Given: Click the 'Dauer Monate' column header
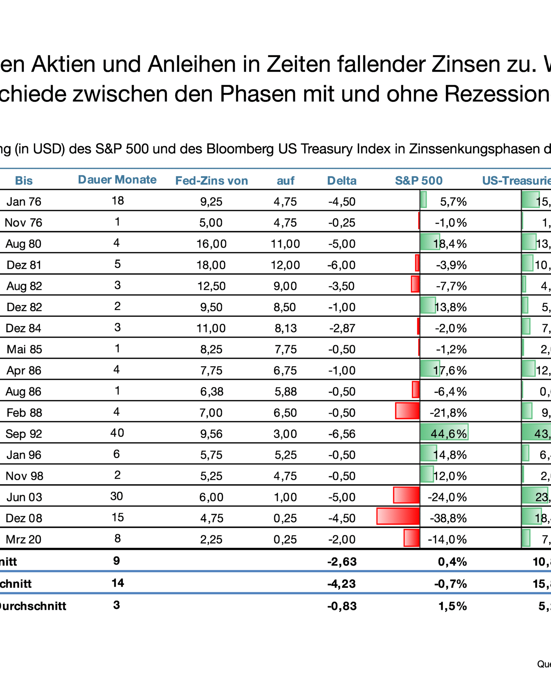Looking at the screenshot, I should click(117, 180).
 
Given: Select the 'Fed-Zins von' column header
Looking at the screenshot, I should click(212, 181).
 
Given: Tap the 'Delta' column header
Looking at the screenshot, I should click(342, 181).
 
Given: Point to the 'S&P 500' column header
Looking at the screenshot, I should click(419, 181).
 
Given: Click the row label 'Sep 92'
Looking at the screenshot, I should click(23, 433).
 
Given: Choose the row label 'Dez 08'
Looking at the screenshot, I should click(24, 518).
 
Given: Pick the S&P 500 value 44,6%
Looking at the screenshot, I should click(448, 433).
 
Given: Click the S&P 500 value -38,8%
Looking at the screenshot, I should click(448, 518).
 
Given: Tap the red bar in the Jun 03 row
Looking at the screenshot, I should click(406, 496).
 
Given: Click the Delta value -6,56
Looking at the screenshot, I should click(342, 433).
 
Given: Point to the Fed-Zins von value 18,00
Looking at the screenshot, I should click(211, 265).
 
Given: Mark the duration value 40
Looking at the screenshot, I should click(117, 433).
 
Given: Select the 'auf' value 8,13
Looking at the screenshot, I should click(286, 328).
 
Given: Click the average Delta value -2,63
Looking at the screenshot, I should click(342, 562).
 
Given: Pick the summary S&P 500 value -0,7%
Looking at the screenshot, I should click(450, 584).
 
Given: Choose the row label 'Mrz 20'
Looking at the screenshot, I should click(23, 539).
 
